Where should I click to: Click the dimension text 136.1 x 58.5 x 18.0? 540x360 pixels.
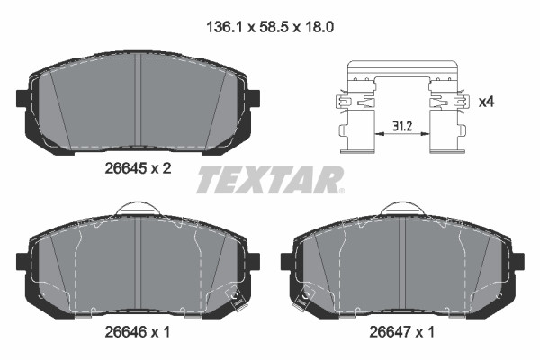[270, 27]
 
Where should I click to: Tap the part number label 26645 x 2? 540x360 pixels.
[138, 169]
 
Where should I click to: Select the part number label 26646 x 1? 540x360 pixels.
[138, 332]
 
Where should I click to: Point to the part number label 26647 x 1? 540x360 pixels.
[402, 332]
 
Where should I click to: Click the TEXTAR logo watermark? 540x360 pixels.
[270, 179]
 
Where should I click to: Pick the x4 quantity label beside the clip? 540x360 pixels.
[487, 102]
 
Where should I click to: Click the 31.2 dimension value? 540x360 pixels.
[402, 126]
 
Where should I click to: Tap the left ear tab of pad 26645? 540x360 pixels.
[22, 98]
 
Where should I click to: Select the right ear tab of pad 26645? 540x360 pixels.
[254, 98]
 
